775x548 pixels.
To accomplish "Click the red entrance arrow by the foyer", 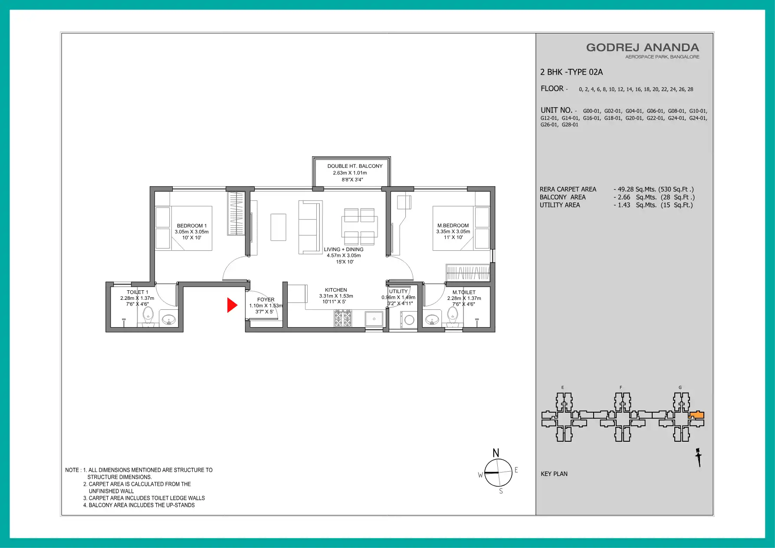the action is pos(232,305).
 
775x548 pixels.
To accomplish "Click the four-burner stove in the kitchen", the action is pos(343,318).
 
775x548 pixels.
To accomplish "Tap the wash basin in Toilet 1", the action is pos(168,320).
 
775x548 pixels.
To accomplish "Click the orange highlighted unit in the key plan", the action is pos(697,415).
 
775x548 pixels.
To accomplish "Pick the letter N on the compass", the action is pos(496,453).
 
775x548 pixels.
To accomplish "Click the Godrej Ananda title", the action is pos(643,48).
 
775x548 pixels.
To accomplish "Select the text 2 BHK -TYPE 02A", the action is pos(571,72).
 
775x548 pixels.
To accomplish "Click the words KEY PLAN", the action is pos(554,474).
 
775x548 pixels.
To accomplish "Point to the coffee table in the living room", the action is pos(279,227).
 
